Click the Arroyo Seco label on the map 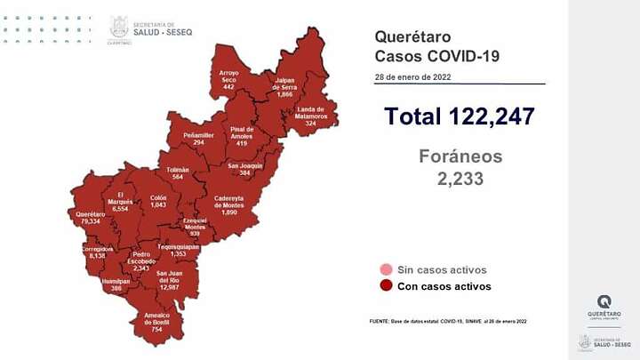(230, 78)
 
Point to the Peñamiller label (195, 138)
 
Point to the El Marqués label (117, 201)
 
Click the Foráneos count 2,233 (460, 178)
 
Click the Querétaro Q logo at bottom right (604, 302)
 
